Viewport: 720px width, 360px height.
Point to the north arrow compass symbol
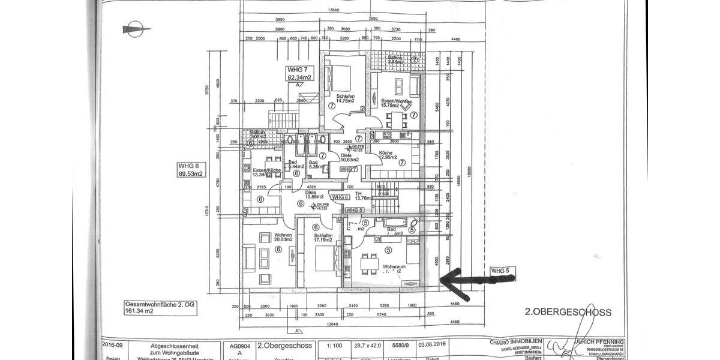pyautogui.click(x=136, y=28)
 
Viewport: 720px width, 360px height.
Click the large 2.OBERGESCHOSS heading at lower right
pyautogui.click(x=568, y=312)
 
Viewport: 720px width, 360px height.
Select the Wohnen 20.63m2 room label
pyautogui.click(x=283, y=237)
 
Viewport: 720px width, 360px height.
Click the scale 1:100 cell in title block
pyautogui.click(x=332, y=346)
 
